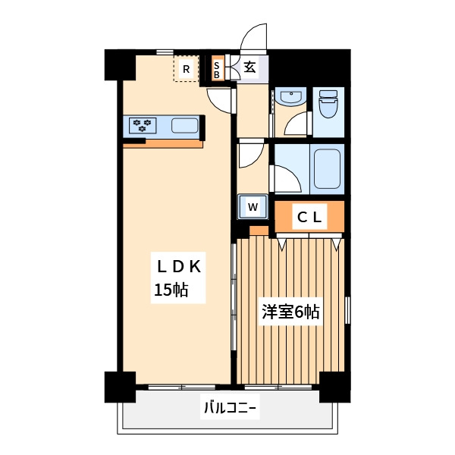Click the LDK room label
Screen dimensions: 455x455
pyautogui.click(x=179, y=266)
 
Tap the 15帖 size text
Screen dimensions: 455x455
pyautogui.click(x=171, y=290)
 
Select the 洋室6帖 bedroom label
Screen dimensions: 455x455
pyautogui.click(x=290, y=312)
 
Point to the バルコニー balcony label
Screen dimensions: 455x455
pyautogui.click(x=230, y=408)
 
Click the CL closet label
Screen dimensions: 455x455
pyautogui.click(x=309, y=217)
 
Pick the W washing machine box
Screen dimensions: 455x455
pyautogui.click(x=253, y=207)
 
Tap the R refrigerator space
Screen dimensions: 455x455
pyautogui.click(x=186, y=68)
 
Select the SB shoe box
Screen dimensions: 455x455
pyautogui.click(x=217, y=70)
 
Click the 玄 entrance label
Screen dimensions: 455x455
pyautogui.click(x=249, y=67)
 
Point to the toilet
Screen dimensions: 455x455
pyautogui.click(x=328, y=104)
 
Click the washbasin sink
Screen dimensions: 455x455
pyautogui.click(x=290, y=96)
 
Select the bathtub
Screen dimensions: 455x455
pyautogui.click(x=327, y=168)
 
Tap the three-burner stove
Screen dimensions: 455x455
pyautogui.click(x=143, y=125)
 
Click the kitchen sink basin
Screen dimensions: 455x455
pyautogui.click(x=185, y=126)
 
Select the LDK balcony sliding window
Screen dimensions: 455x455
pyautogui.click(x=182, y=387)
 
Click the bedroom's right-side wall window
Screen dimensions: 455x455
pyautogui.click(x=347, y=310)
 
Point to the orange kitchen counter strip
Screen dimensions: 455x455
pyautogui.click(x=163, y=143)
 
